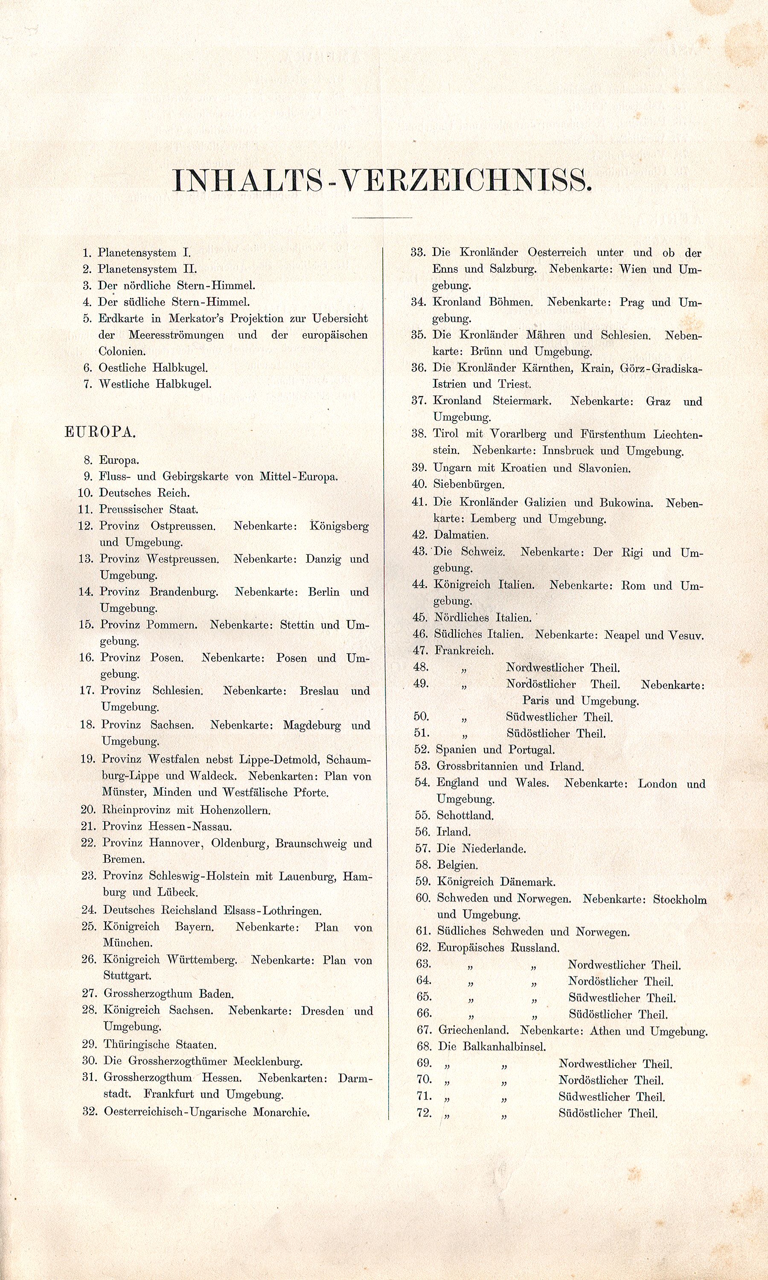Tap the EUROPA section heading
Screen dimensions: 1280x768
pyautogui.click(x=100, y=433)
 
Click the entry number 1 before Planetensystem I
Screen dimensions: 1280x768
pyautogui.click(x=87, y=253)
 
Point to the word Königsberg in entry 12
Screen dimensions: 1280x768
pyautogui.click(x=340, y=526)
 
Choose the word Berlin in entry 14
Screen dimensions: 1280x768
pyautogui.click(x=323, y=592)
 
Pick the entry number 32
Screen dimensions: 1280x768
pyautogui.click(x=90, y=1112)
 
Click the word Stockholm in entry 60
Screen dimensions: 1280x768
pyautogui.click(x=680, y=899)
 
